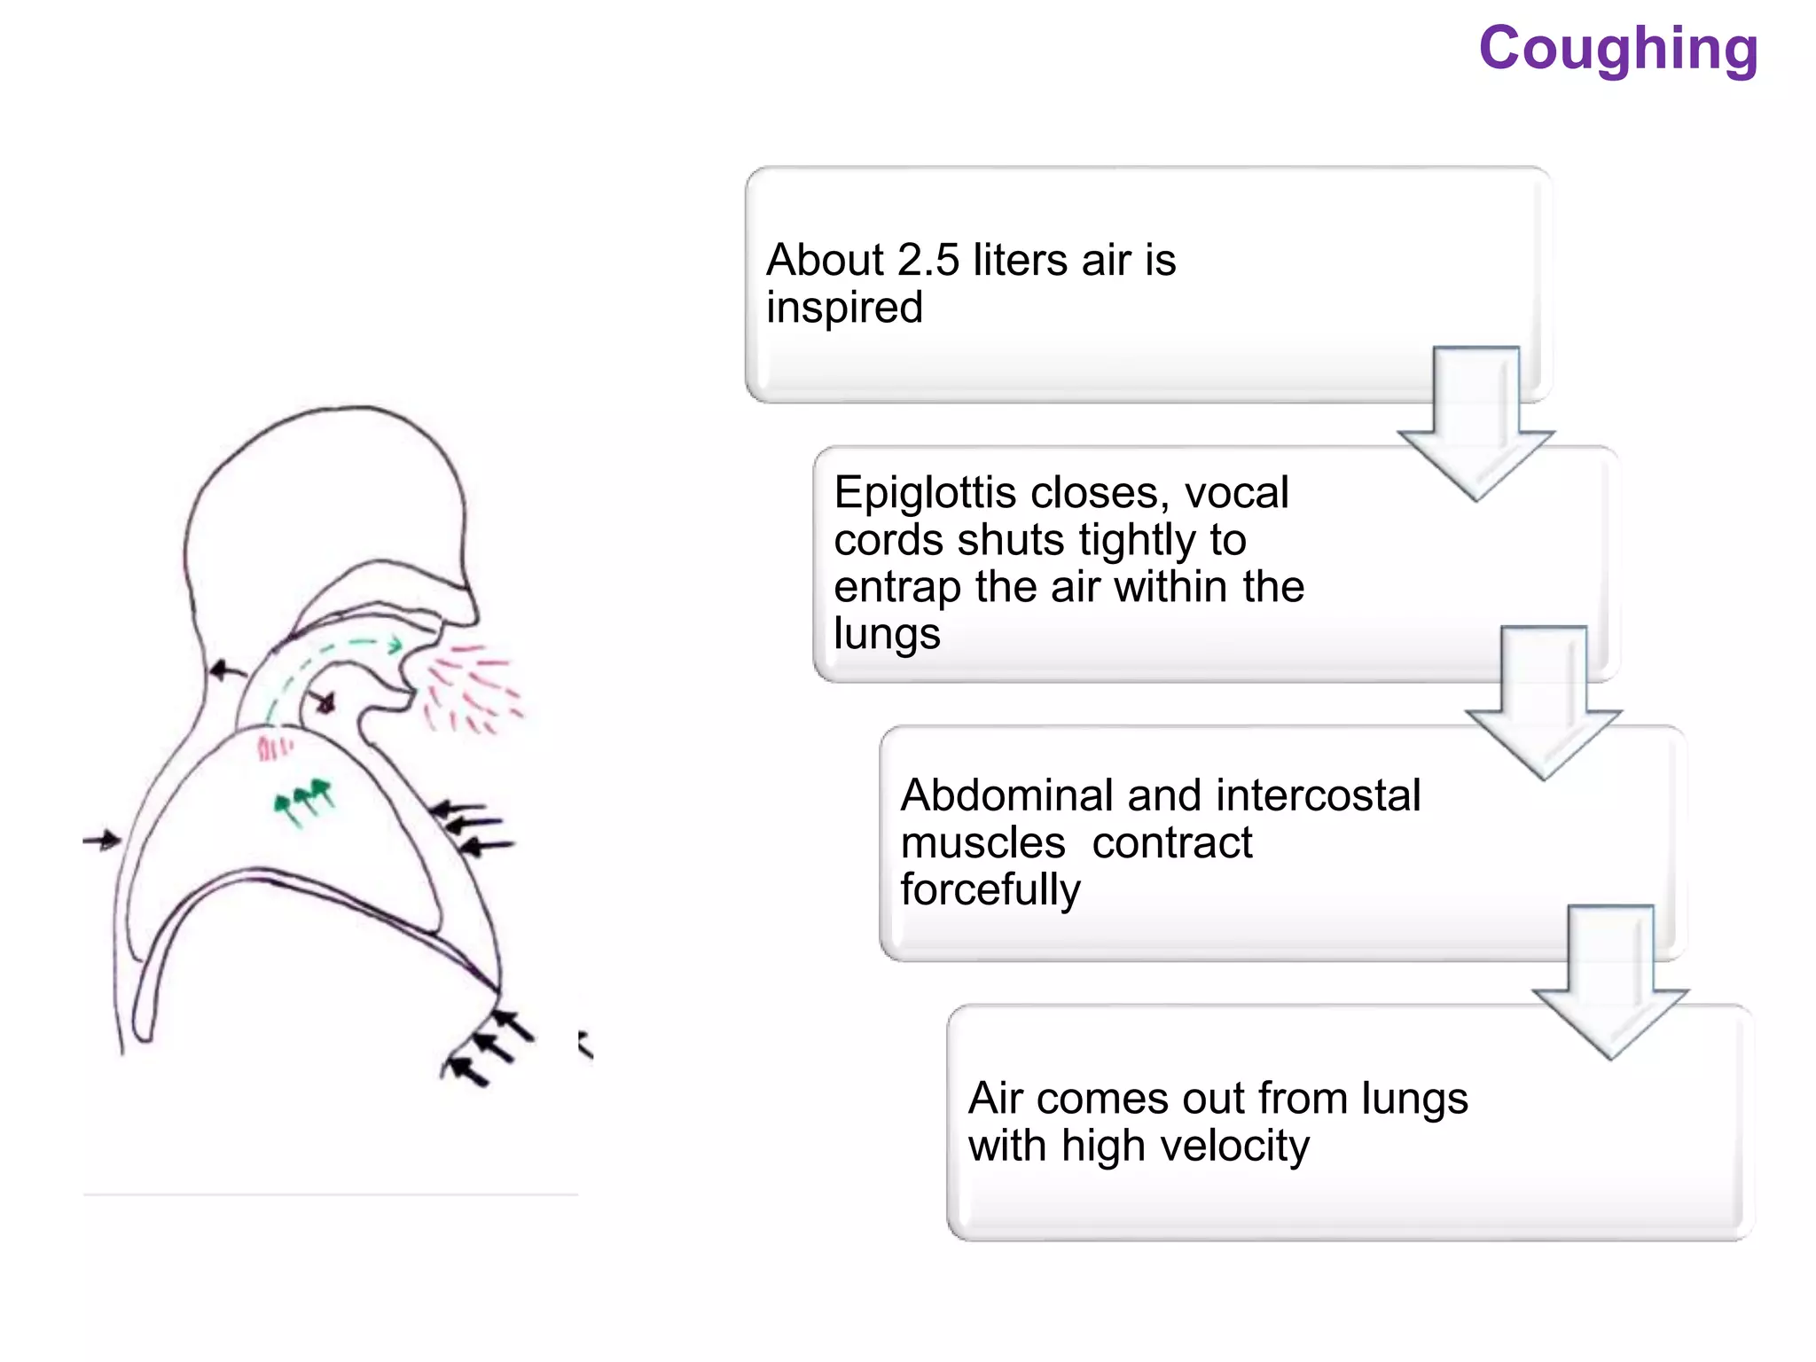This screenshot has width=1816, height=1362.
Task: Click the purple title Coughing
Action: [1617, 49]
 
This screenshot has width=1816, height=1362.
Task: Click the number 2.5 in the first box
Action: [928, 261]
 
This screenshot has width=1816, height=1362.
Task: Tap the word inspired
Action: [844, 308]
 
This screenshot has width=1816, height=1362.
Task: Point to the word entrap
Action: [896, 587]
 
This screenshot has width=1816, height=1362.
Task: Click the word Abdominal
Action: [1005, 795]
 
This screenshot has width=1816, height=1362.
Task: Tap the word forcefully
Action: [990, 889]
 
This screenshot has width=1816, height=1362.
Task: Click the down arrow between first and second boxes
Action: [1475, 424]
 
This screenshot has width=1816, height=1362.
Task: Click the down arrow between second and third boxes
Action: [1543, 703]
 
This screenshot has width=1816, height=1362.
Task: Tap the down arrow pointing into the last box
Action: [1610, 982]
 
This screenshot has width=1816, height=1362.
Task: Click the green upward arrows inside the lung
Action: [304, 799]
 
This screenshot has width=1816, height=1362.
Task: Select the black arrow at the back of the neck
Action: [226, 670]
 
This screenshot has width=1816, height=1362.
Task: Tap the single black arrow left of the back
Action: [102, 840]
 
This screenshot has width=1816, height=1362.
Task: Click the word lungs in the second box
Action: [887, 634]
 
